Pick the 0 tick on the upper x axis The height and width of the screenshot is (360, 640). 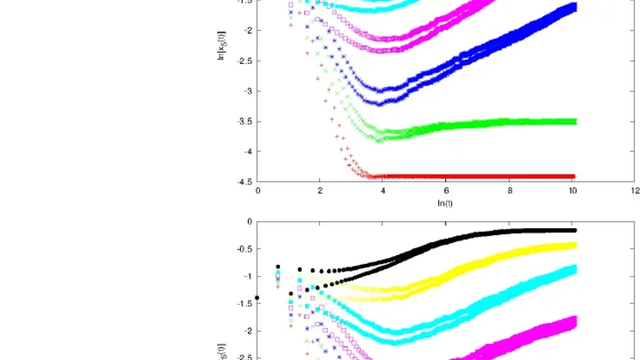258,191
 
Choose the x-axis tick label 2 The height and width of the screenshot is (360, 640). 320,191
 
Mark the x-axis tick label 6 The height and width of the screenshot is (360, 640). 446,191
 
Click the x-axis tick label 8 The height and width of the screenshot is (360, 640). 509,191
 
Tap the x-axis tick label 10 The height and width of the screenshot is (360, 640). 571,191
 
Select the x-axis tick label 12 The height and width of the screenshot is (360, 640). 634,191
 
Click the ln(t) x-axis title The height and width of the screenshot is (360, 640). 446,203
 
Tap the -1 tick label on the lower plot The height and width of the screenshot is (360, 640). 247,276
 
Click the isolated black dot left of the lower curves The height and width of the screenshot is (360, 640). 257,298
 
